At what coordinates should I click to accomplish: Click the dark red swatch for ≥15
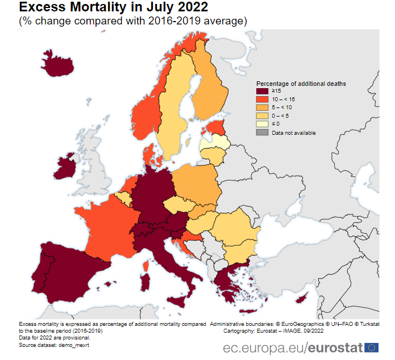click(x=262, y=91)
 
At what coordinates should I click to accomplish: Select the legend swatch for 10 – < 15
click(x=262, y=100)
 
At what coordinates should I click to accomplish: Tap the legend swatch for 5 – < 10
click(x=262, y=107)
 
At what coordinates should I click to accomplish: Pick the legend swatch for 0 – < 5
click(x=262, y=116)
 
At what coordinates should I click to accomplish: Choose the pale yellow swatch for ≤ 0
click(x=262, y=124)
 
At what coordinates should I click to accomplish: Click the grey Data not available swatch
click(x=262, y=133)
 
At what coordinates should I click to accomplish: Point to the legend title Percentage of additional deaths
click(x=301, y=84)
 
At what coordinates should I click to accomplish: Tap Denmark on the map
click(x=148, y=154)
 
